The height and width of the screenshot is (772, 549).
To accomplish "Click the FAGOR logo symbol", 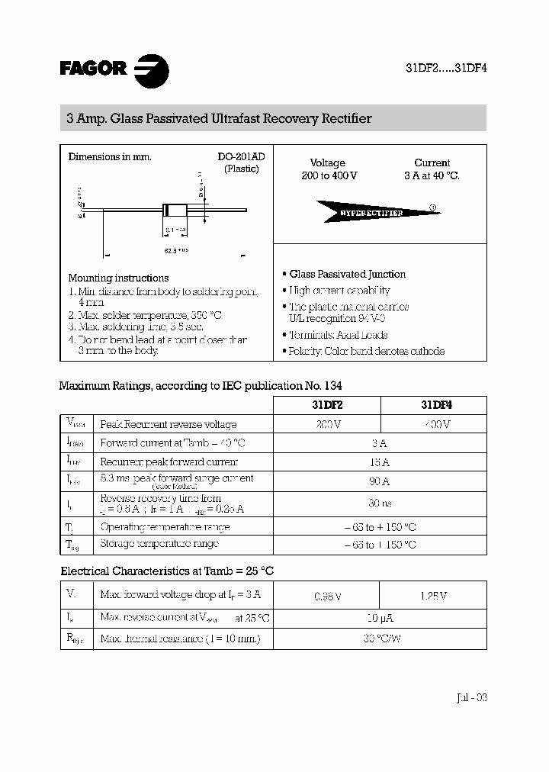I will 151,70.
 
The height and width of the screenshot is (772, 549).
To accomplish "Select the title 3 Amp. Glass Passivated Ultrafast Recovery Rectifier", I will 220,119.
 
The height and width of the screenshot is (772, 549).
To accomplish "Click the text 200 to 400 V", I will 328,175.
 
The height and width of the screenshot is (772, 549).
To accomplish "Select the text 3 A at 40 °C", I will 432,175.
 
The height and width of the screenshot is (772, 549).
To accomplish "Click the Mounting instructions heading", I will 118,278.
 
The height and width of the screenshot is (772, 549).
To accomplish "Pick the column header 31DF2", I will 326,406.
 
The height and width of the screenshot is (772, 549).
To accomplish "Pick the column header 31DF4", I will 432,406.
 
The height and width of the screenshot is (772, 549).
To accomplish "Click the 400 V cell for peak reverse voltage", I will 432,424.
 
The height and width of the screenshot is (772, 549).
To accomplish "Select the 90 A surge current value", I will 379,481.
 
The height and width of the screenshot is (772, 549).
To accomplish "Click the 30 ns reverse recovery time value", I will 379,503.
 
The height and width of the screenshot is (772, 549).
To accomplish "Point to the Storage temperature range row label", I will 159,544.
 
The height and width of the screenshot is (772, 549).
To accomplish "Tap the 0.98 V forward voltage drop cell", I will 327,597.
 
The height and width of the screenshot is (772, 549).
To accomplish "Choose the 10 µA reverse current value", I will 379,618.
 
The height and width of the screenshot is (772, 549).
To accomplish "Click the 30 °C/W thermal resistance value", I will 379,639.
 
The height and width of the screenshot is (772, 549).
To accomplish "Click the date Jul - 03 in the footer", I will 470,697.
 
